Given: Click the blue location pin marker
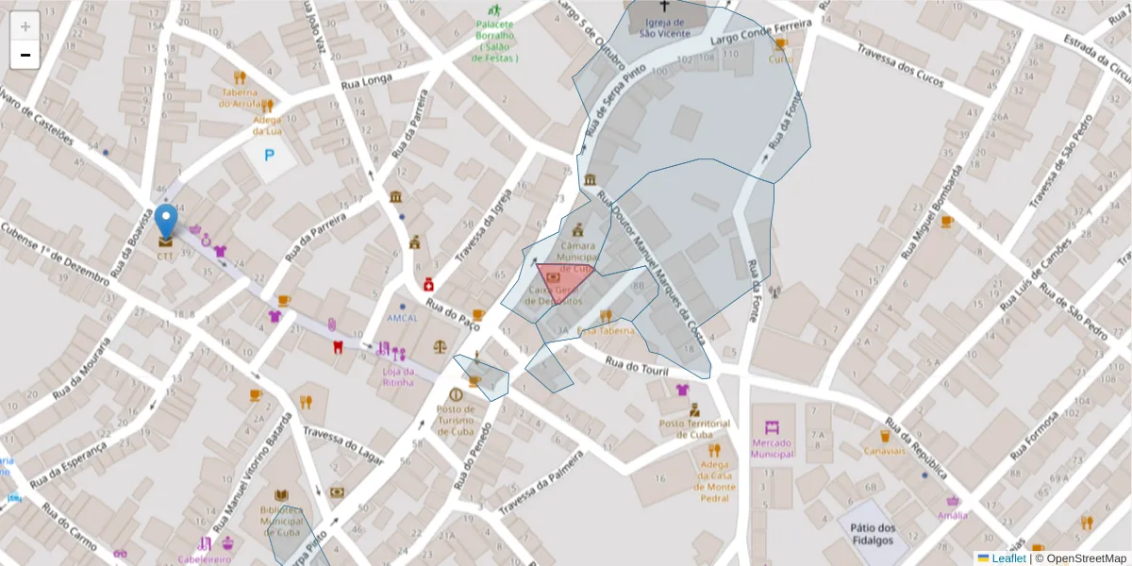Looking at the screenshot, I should tap(166, 223).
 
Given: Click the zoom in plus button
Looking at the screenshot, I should tap(25, 25).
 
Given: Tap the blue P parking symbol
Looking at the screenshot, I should tap(269, 154).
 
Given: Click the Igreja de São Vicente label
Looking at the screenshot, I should tap(665, 27).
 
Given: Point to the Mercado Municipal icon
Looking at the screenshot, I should tap(773, 426).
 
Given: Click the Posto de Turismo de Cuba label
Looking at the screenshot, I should tap(456, 421).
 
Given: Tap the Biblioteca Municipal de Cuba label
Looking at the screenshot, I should tap(282, 521).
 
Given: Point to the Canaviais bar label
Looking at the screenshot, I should tap(884, 450).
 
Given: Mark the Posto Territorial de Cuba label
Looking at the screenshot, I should tap(696, 428).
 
